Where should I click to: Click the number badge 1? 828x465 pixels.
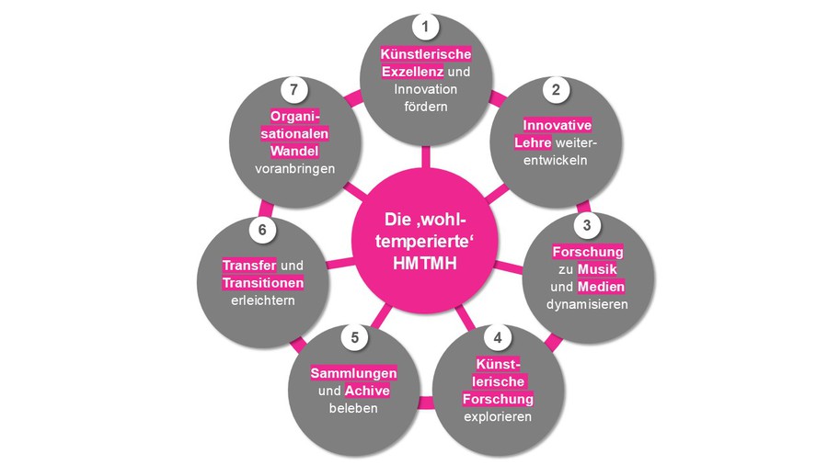click(x=424, y=27)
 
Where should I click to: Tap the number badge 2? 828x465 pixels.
click(x=556, y=89)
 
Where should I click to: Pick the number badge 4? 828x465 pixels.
click(x=498, y=336)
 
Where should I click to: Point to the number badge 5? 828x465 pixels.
click(x=354, y=336)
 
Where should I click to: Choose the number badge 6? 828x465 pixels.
click(x=262, y=230)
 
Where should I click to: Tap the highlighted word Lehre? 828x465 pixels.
click(x=533, y=142)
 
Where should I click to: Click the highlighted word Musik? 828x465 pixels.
click(x=595, y=267)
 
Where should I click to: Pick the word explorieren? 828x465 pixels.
click(x=498, y=417)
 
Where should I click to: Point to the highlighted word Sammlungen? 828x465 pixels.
click(x=353, y=373)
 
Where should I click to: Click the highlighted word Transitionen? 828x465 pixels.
click(x=262, y=283)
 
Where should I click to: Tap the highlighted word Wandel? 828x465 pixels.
click(x=293, y=152)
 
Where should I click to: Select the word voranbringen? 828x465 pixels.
click(x=293, y=169)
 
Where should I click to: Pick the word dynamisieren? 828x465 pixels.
click(x=588, y=303)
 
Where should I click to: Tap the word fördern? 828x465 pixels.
click(x=424, y=107)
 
